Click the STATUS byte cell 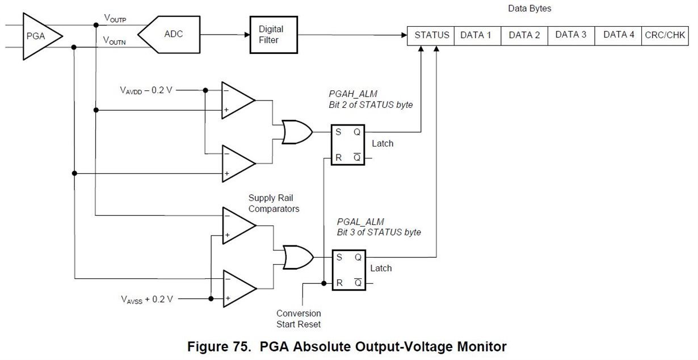[431, 35]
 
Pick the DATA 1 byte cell [477, 35]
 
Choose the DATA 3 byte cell [570, 35]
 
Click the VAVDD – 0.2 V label [145, 90]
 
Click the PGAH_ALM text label [353, 94]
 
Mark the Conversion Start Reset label [298, 319]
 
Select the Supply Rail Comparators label [274, 203]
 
